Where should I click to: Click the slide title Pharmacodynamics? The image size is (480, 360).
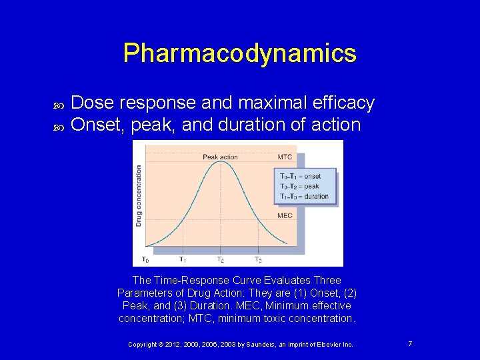pyautogui.click(x=239, y=53)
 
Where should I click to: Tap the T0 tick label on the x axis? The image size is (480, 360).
pyautogui.click(x=145, y=259)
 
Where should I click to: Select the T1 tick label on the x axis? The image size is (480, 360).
pyautogui.click(x=182, y=259)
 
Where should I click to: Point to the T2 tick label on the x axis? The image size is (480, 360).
pyautogui.click(x=220, y=259)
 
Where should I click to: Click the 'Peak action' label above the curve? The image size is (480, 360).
pyautogui.click(x=220, y=157)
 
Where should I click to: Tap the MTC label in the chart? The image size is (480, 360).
pyautogui.click(x=285, y=157)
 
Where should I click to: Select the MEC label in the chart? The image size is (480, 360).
pyautogui.click(x=285, y=216)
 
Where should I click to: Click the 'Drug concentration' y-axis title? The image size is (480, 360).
pyautogui.click(x=139, y=195)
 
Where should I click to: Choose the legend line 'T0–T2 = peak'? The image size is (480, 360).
pyautogui.click(x=299, y=187)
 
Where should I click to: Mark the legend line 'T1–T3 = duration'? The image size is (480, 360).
pyautogui.click(x=304, y=196)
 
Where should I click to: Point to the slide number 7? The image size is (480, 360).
pyautogui.click(x=410, y=343)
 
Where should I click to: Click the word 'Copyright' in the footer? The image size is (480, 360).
pyautogui.click(x=144, y=344)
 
